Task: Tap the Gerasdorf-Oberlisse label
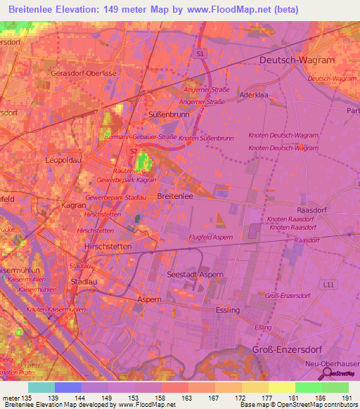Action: pyautogui.click(x=77, y=72)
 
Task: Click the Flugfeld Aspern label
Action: pyautogui.click(x=211, y=238)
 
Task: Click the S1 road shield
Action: pyautogui.click(x=200, y=53)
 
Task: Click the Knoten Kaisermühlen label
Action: pyautogui.click(x=56, y=309)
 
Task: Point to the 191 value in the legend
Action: pyautogui.click(x=346, y=400)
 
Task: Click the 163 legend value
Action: pyautogui.click(x=187, y=400)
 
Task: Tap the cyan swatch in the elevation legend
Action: pyautogui.click(x=41, y=387)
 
